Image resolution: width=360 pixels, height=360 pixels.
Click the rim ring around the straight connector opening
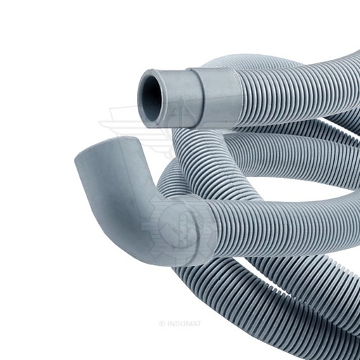tap(150, 98)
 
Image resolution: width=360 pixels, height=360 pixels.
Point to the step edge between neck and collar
tap(196, 98)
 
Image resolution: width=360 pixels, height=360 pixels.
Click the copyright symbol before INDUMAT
tap(162, 324)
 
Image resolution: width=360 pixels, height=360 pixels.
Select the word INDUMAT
tap(184, 324)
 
